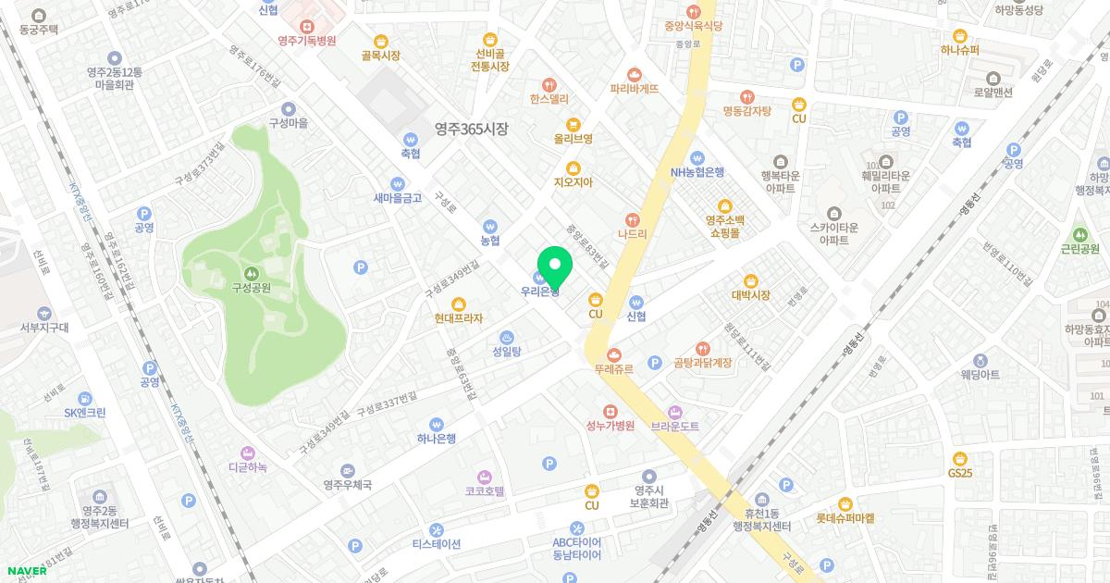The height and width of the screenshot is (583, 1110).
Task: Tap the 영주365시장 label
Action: (472, 130)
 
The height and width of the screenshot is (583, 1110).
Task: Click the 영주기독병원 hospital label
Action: (306, 41)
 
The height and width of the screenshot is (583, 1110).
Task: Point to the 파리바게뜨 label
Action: (634, 89)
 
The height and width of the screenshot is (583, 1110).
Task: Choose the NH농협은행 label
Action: (697, 171)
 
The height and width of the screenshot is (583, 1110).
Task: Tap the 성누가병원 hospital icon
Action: (610, 411)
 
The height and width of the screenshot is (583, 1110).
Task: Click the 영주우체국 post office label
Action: (347, 484)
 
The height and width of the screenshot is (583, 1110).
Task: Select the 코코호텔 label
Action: (485, 491)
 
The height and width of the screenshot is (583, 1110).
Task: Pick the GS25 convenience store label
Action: (960, 473)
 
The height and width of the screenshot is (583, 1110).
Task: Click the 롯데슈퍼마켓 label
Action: (845, 519)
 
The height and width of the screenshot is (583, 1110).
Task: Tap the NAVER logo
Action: (25, 571)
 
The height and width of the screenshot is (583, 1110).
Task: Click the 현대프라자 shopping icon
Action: (458, 304)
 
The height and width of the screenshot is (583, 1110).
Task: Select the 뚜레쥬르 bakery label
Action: (613, 368)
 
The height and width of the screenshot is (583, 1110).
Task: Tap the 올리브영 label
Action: (573, 139)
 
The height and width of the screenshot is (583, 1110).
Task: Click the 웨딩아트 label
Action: (980, 374)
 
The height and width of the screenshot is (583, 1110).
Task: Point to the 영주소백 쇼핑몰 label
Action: (725, 227)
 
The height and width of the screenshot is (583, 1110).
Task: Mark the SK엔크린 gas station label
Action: (85, 412)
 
